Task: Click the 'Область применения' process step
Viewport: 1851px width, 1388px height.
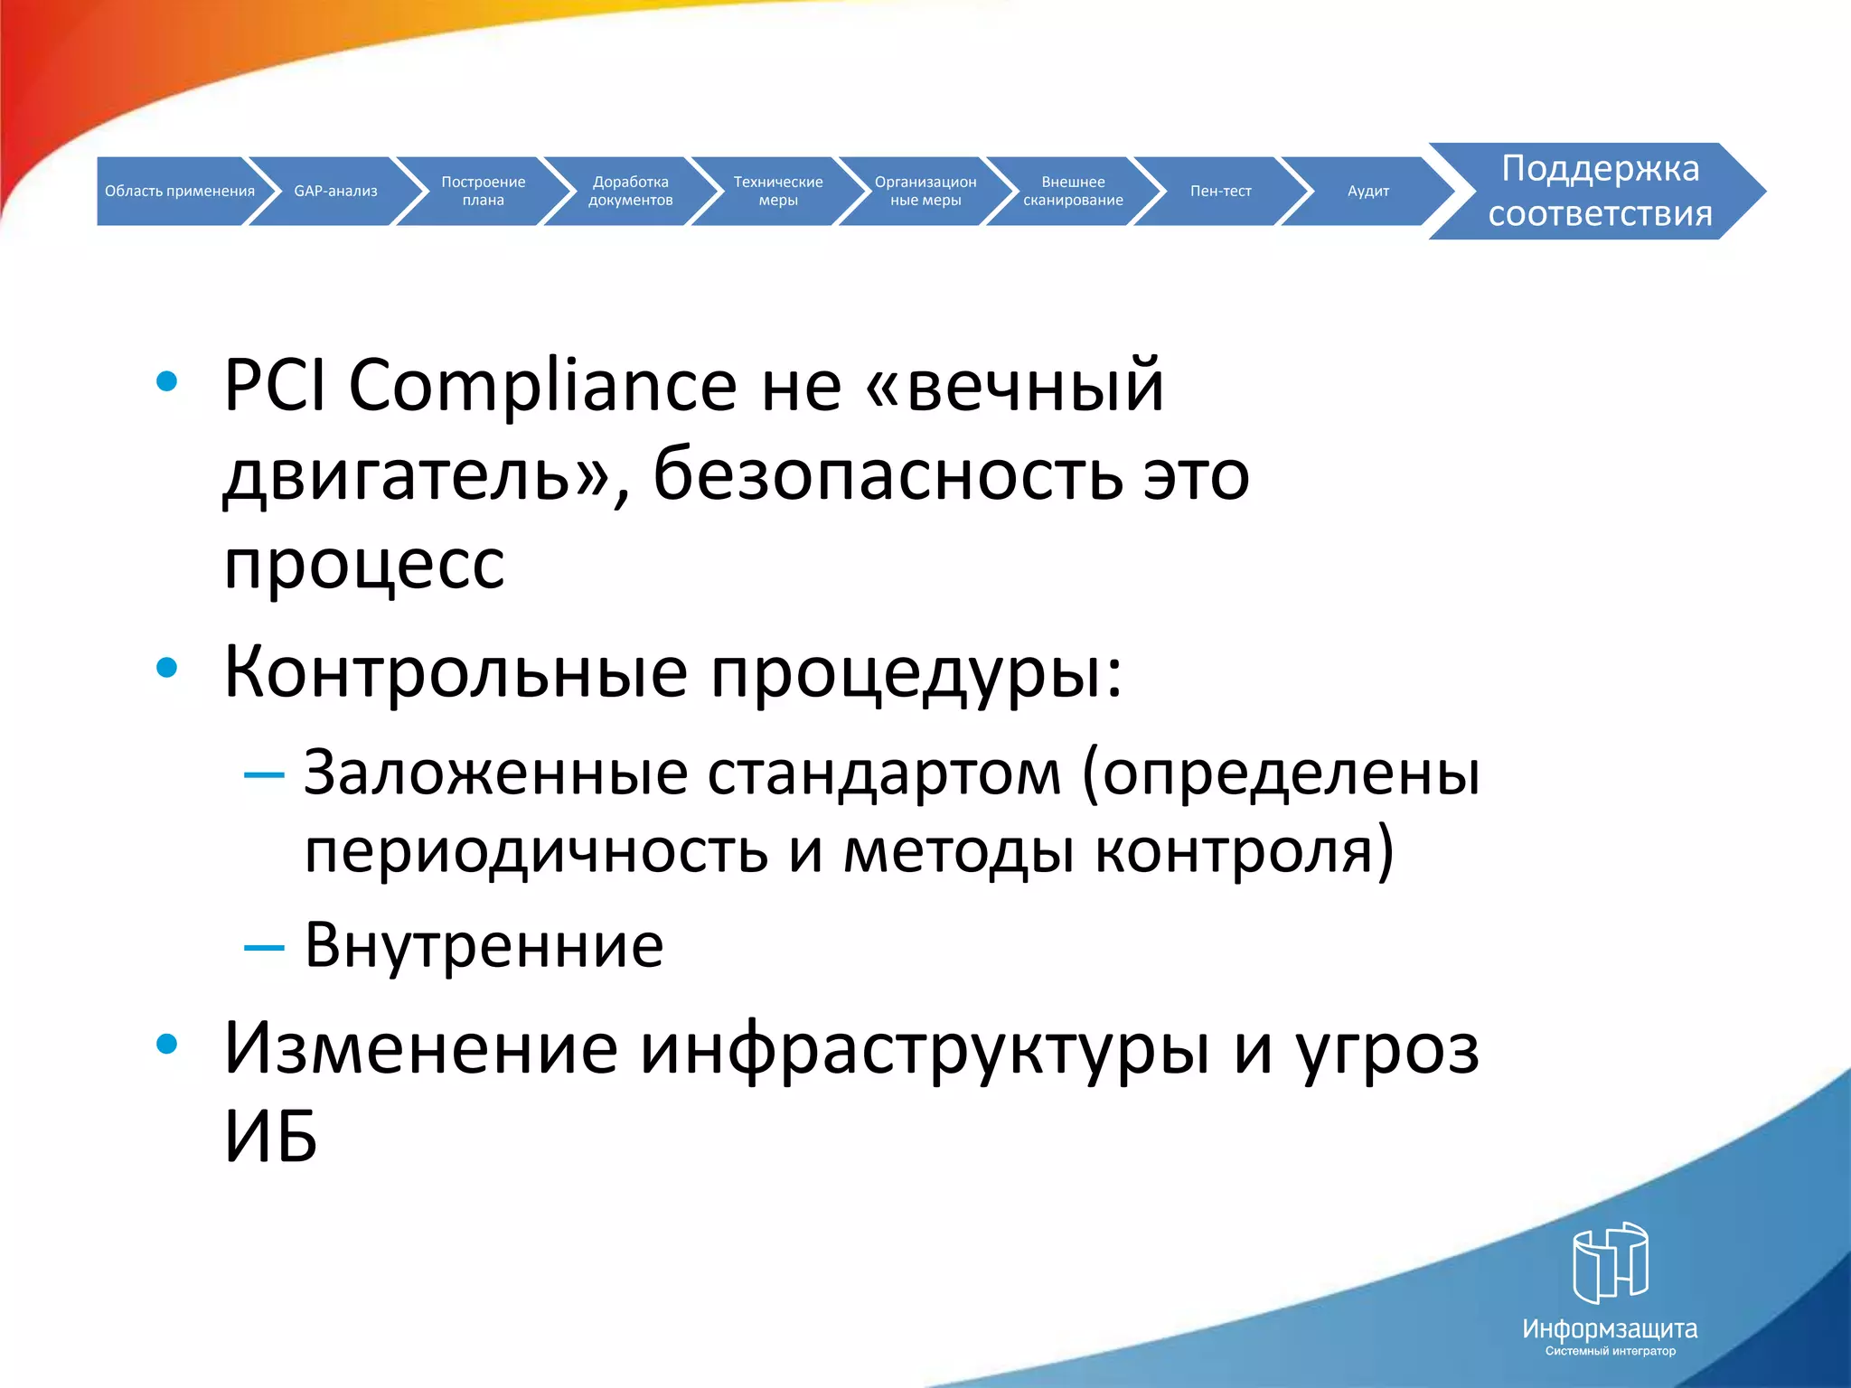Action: click(x=179, y=191)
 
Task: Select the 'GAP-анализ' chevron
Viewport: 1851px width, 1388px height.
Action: click(x=335, y=191)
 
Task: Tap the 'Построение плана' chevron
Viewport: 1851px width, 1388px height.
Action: click(x=483, y=191)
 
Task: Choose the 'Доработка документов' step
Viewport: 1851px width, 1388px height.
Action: click(x=630, y=191)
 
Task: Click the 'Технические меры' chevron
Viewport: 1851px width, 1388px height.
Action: click(x=777, y=191)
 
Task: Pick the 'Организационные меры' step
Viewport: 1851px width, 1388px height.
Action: click(x=925, y=191)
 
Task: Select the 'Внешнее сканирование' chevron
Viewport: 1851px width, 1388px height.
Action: click(x=1073, y=191)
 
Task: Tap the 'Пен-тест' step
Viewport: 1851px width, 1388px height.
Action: click(x=1220, y=191)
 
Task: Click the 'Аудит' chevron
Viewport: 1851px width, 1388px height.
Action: click(x=1367, y=191)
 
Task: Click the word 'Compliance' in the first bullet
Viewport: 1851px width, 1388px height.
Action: click(x=542, y=387)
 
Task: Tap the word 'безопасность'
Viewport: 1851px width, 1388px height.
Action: click(x=886, y=476)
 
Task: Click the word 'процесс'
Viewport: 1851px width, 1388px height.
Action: click(x=364, y=565)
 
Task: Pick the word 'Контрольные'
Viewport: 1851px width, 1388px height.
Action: click(x=455, y=672)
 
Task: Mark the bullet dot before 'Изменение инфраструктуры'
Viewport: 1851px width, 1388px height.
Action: click(x=166, y=1044)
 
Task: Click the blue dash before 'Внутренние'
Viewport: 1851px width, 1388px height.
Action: click(x=264, y=947)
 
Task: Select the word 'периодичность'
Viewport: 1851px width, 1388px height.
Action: click(x=535, y=851)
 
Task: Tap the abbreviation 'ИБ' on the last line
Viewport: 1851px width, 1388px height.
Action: click(x=270, y=1137)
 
